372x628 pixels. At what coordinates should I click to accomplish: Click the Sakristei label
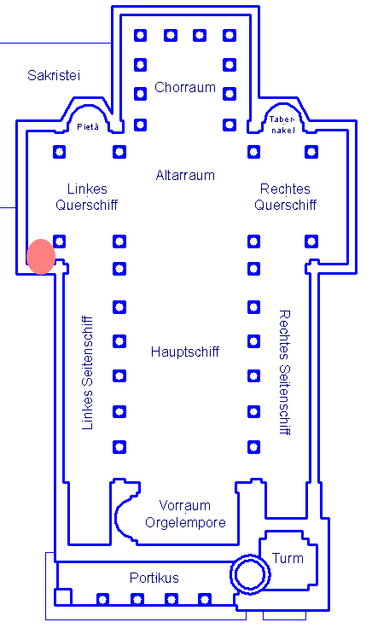(54, 75)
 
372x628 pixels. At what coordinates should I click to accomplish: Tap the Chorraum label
(185, 87)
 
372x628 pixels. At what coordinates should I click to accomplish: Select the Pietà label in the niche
(88, 126)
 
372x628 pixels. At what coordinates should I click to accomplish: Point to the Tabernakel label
(282, 125)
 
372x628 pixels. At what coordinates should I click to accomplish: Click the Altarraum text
(185, 175)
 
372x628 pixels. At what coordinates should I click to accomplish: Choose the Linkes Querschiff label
(87, 196)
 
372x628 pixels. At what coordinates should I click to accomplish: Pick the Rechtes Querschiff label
(285, 196)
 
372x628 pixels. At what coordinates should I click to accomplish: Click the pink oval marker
(41, 257)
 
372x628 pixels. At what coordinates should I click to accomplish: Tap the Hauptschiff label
(185, 352)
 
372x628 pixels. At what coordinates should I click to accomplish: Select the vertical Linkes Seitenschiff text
(87, 373)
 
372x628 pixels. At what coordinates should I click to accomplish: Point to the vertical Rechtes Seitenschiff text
(284, 372)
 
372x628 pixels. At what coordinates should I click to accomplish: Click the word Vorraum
(184, 505)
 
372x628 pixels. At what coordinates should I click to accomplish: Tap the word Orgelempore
(185, 523)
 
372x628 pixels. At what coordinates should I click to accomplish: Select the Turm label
(288, 558)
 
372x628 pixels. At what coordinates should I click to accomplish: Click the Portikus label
(154, 578)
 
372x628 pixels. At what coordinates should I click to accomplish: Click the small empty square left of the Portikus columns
(63, 596)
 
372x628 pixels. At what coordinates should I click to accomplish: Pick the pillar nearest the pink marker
(59, 241)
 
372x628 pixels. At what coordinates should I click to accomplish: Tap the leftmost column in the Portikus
(103, 600)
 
